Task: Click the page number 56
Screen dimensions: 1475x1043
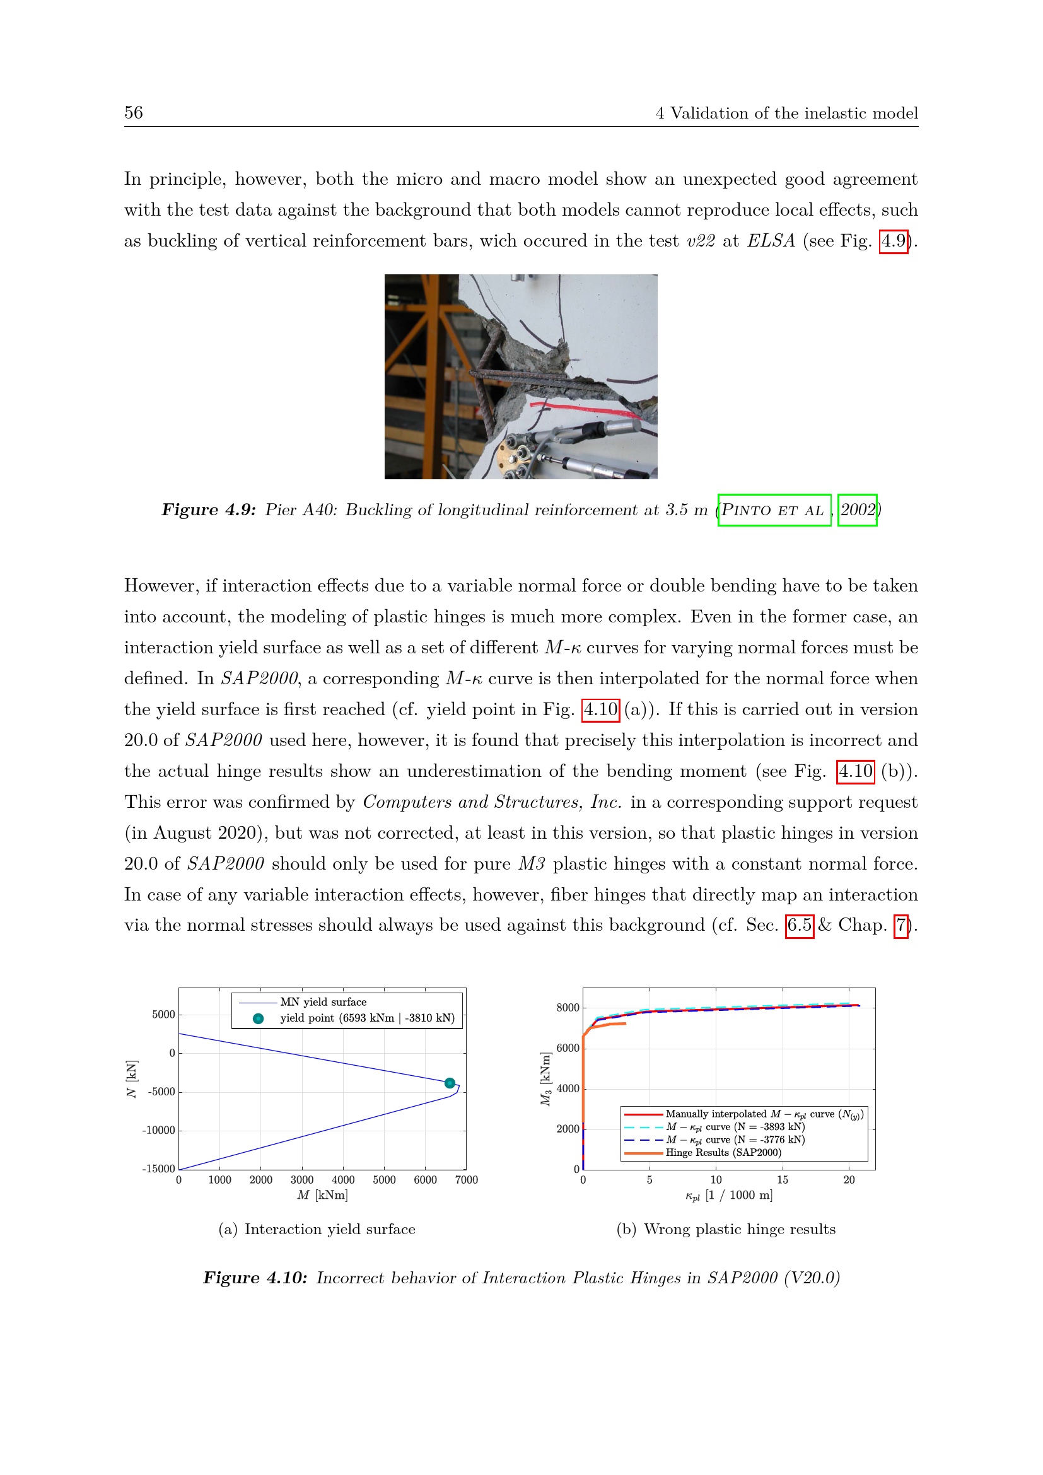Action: point(134,113)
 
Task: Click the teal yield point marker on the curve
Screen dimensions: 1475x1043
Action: point(450,1083)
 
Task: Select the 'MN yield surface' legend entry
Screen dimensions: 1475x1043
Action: point(323,1002)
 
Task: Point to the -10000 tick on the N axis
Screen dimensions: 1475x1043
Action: point(159,1131)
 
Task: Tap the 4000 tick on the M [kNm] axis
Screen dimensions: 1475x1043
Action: point(343,1180)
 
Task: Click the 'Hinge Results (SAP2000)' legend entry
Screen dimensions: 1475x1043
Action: point(723,1153)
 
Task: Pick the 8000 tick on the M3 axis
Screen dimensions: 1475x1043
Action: point(568,1008)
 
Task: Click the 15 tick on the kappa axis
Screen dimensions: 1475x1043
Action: point(782,1180)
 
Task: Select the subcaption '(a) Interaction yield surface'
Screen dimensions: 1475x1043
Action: point(317,1230)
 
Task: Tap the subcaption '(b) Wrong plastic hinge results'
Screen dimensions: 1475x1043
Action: point(726,1230)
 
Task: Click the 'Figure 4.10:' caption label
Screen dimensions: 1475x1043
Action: point(255,1278)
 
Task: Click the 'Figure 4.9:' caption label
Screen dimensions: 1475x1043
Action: point(209,510)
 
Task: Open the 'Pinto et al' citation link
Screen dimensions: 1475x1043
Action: point(774,510)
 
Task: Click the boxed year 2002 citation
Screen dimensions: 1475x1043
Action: point(858,510)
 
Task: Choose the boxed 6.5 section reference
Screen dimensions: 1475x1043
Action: point(800,925)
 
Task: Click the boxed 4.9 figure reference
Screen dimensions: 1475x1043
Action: point(894,241)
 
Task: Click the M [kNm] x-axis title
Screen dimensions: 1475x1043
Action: point(322,1195)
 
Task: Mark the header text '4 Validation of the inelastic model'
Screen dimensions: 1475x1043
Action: point(786,114)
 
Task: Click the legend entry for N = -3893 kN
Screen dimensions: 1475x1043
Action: point(735,1127)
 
